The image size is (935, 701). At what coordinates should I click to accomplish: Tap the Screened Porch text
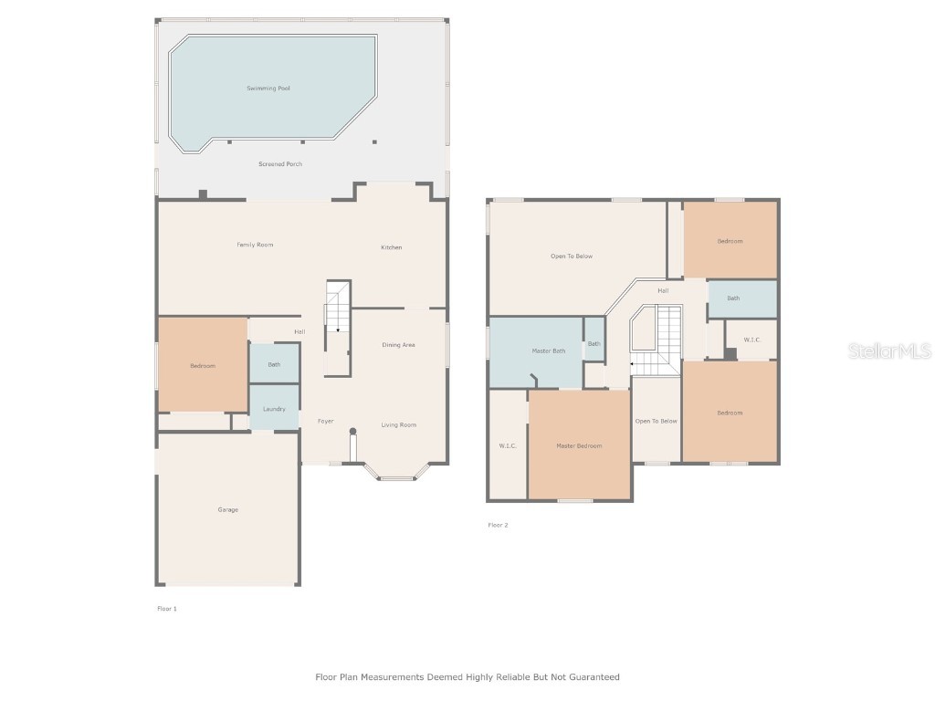click(279, 164)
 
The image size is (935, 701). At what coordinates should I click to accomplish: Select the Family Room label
click(255, 245)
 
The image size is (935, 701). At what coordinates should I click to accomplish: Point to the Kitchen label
click(391, 247)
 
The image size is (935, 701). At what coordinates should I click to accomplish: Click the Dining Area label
click(398, 345)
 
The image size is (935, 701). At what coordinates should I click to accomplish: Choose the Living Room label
click(398, 424)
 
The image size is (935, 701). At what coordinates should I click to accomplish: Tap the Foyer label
click(325, 422)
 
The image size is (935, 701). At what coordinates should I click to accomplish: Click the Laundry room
click(274, 408)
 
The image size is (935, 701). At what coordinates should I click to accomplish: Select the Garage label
click(227, 509)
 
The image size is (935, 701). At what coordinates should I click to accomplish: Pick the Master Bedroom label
click(579, 445)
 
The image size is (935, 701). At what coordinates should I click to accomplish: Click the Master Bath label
click(549, 351)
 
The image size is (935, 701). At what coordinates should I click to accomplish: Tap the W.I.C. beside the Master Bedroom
click(508, 445)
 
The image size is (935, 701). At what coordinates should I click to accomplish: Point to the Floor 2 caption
click(498, 525)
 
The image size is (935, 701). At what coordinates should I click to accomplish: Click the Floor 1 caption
click(167, 608)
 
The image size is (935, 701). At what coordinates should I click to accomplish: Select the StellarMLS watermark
click(889, 351)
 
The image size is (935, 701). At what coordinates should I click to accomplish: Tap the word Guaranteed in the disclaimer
click(591, 677)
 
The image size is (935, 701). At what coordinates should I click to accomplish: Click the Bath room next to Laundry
click(274, 364)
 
